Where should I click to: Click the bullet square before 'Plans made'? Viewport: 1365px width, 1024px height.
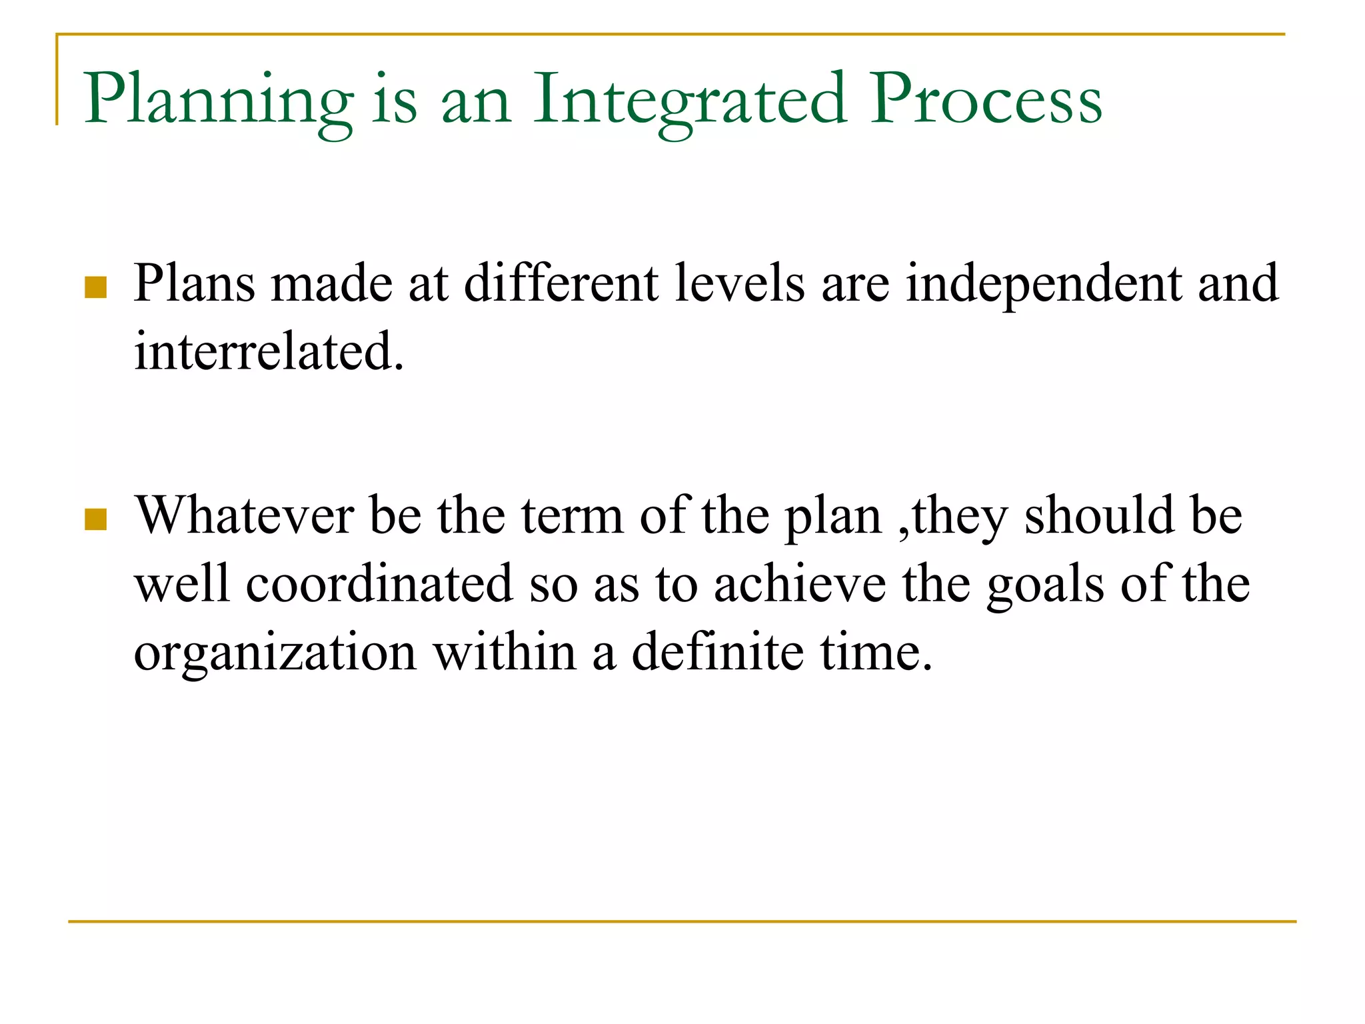tap(96, 287)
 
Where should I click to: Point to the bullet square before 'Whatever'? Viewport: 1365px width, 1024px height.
tap(96, 519)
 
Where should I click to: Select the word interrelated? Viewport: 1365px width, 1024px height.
tap(269, 351)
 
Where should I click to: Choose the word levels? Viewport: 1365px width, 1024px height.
tap(740, 284)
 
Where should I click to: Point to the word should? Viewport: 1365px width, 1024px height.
tap(1099, 516)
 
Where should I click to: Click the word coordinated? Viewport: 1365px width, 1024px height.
tap(379, 584)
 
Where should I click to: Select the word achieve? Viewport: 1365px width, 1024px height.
tap(800, 584)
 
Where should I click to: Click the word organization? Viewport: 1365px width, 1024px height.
tap(275, 653)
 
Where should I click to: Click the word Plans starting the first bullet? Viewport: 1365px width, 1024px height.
tap(195, 284)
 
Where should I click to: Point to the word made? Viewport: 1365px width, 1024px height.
tap(332, 284)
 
